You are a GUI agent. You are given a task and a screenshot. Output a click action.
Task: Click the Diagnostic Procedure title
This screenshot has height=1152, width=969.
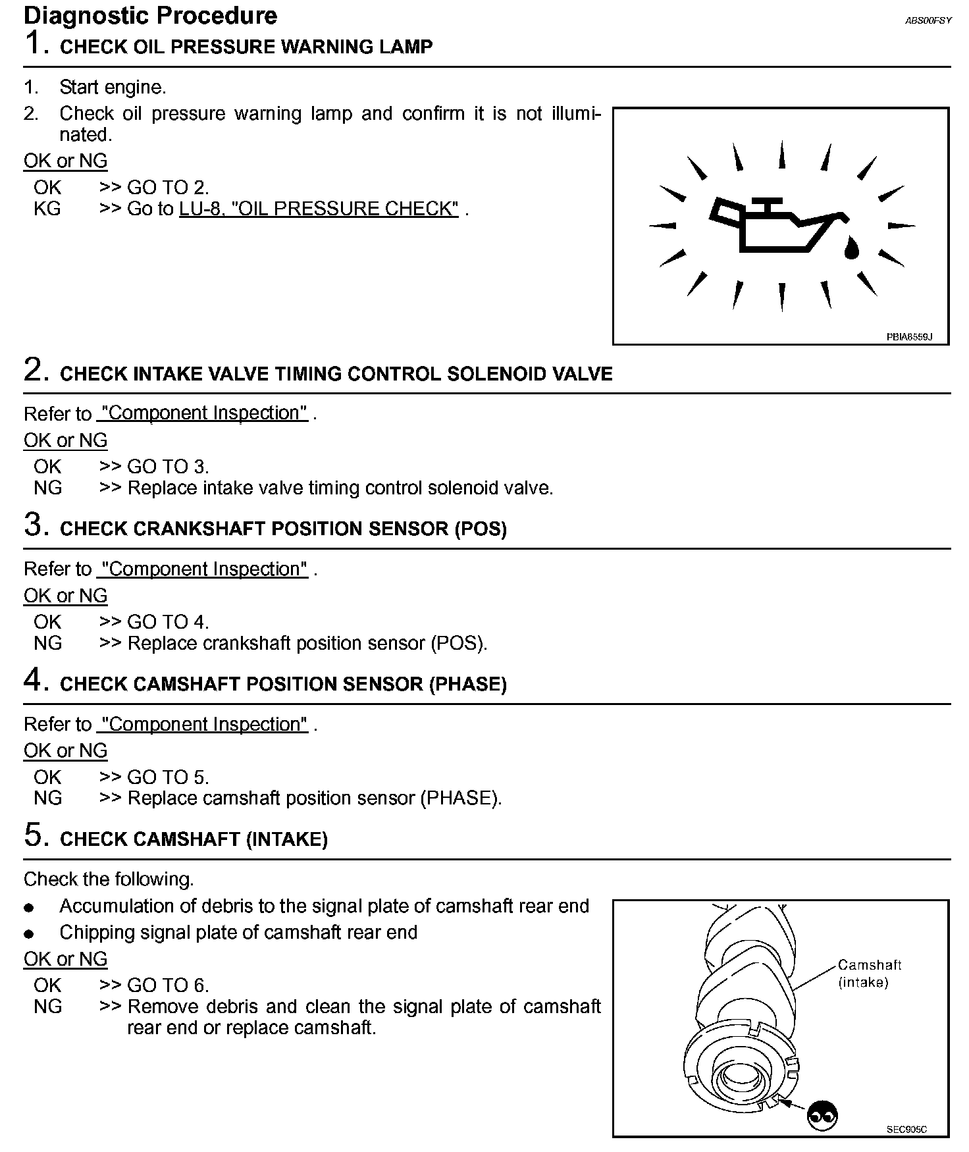click(150, 16)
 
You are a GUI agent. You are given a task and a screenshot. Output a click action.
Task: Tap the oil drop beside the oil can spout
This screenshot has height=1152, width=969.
click(852, 248)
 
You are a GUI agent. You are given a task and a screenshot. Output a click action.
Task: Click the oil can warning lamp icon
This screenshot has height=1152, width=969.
click(777, 225)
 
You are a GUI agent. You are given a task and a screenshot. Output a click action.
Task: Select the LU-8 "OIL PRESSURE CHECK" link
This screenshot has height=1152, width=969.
click(319, 209)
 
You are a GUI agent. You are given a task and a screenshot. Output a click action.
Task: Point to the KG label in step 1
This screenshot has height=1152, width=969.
click(47, 209)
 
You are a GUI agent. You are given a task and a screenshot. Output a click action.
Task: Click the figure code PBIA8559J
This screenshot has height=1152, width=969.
click(909, 336)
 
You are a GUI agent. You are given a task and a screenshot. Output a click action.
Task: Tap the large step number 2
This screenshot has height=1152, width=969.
click(36, 370)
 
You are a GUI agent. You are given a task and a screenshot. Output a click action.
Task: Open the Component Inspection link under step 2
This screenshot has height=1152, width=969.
click(203, 413)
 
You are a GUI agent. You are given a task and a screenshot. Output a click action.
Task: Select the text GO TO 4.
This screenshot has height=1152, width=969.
click(168, 622)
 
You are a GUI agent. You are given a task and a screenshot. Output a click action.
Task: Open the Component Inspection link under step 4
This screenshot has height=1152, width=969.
click(203, 724)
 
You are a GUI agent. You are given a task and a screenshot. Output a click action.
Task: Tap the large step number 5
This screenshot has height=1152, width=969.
click(36, 835)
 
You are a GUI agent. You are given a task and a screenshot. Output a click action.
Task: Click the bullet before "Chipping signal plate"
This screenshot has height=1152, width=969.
click(28, 934)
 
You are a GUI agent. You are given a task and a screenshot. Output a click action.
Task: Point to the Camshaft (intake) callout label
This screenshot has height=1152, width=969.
click(869, 974)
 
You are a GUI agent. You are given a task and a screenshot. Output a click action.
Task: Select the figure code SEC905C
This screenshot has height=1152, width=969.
click(906, 1130)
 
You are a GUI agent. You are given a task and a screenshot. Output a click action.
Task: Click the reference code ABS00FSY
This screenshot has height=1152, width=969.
click(928, 21)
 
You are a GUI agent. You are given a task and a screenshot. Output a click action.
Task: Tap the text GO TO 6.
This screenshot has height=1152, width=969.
click(168, 985)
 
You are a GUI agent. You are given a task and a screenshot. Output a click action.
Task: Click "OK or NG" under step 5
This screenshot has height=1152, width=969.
click(65, 959)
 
